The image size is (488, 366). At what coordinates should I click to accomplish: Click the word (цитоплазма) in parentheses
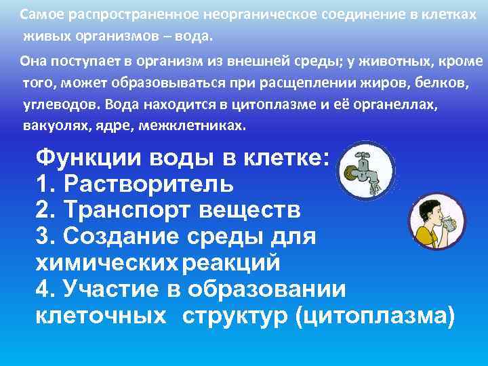pos(375,315)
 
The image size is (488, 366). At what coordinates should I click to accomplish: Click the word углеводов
pos(58,105)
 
